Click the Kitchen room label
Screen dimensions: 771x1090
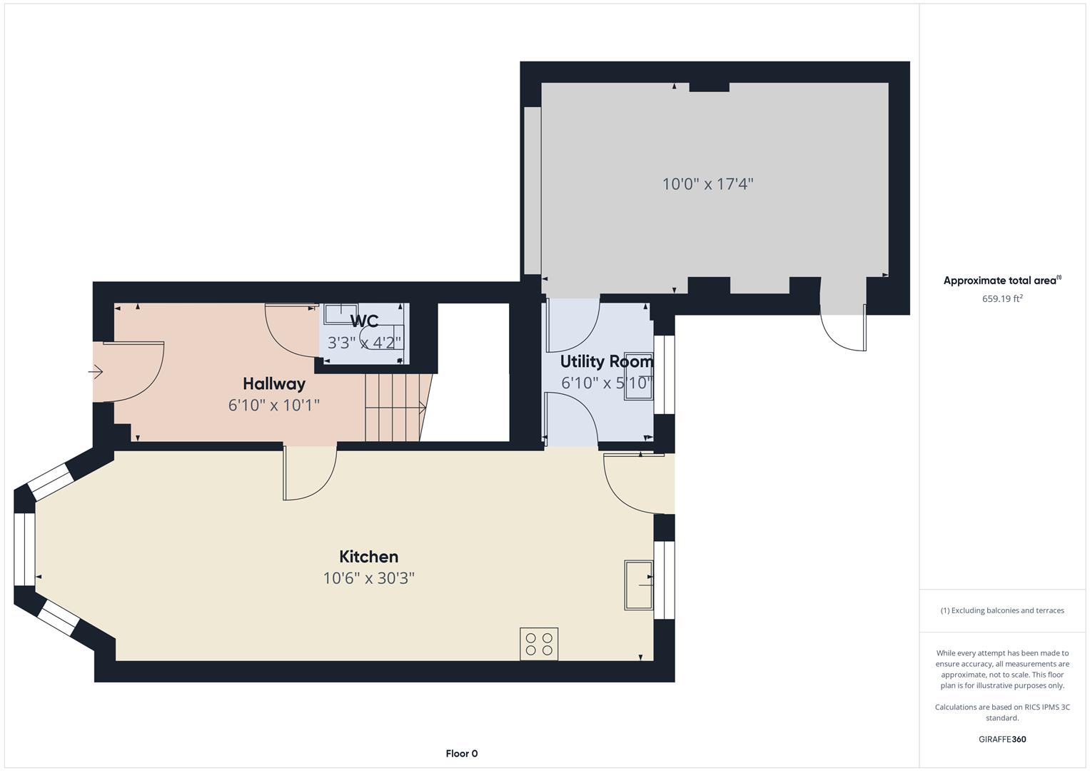pyautogui.click(x=368, y=557)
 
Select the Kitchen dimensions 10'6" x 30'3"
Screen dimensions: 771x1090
pyautogui.click(x=368, y=578)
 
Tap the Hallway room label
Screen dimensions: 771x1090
pyautogui.click(x=274, y=384)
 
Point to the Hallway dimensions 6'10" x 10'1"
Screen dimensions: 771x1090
pyautogui.click(x=274, y=405)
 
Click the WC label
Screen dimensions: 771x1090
pyautogui.click(x=364, y=321)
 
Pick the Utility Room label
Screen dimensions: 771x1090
pyautogui.click(x=606, y=361)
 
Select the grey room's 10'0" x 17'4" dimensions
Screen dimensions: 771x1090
pyautogui.click(x=707, y=184)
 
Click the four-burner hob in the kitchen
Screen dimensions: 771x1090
pyautogui.click(x=539, y=643)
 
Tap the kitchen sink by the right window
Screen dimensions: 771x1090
pyautogui.click(x=639, y=585)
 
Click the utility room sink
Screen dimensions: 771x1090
pyautogui.click(x=639, y=376)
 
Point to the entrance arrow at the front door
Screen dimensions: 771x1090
pyautogui.click(x=96, y=372)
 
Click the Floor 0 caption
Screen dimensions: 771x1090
pyautogui.click(x=462, y=753)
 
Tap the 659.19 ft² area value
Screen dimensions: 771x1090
pyautogui.click(x=1002, y=299)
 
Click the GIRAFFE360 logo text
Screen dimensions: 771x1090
pyautogui.click(x=1002, y=739)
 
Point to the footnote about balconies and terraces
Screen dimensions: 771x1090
pyautogui.click(x=1002, y=610)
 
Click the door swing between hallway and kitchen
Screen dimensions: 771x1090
pyautogui.click(x=309, y=473)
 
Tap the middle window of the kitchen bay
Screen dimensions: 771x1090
pyautogui.click(x=25, y=548)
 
